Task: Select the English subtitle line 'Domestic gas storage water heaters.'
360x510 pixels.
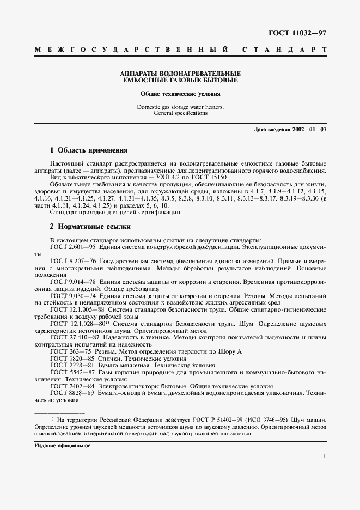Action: [x=180, y=107]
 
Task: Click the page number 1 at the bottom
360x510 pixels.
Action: [x=324, y=456]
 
